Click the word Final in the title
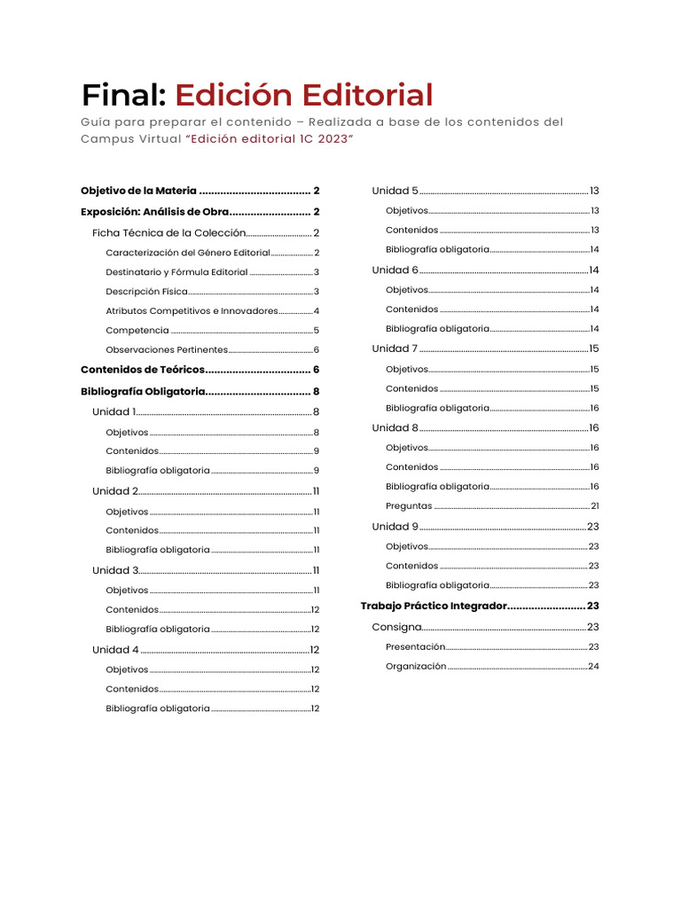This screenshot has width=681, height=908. tap(123, 94)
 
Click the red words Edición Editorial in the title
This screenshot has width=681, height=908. tap(304, 94)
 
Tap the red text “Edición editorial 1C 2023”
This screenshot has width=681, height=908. tap(272, 138)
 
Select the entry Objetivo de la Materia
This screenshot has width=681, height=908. tap(138, 191)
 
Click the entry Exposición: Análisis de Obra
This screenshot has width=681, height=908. tap(155, 212)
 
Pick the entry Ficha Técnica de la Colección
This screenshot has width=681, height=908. tap(168, 233)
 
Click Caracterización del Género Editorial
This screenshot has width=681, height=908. tap(187, 253)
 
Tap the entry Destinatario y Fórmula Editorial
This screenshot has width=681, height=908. tap(176, 272)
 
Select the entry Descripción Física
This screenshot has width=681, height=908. tap(144, 292)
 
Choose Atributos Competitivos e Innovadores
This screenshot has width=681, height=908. tap(192, 311)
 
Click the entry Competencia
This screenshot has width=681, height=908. tap(137, 331)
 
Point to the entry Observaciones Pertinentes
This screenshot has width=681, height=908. tap(167, 350)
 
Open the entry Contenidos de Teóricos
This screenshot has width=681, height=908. tap(143, 370)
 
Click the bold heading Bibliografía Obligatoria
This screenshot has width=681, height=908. tap(143, 391)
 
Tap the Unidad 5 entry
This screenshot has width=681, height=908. tap(395, 191)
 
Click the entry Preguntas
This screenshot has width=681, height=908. tap(409, 506)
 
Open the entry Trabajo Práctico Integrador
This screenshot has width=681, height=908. tap(433, 606)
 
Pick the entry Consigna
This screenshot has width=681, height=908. tap(396, 627)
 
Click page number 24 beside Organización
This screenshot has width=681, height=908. tap(593, 666)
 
